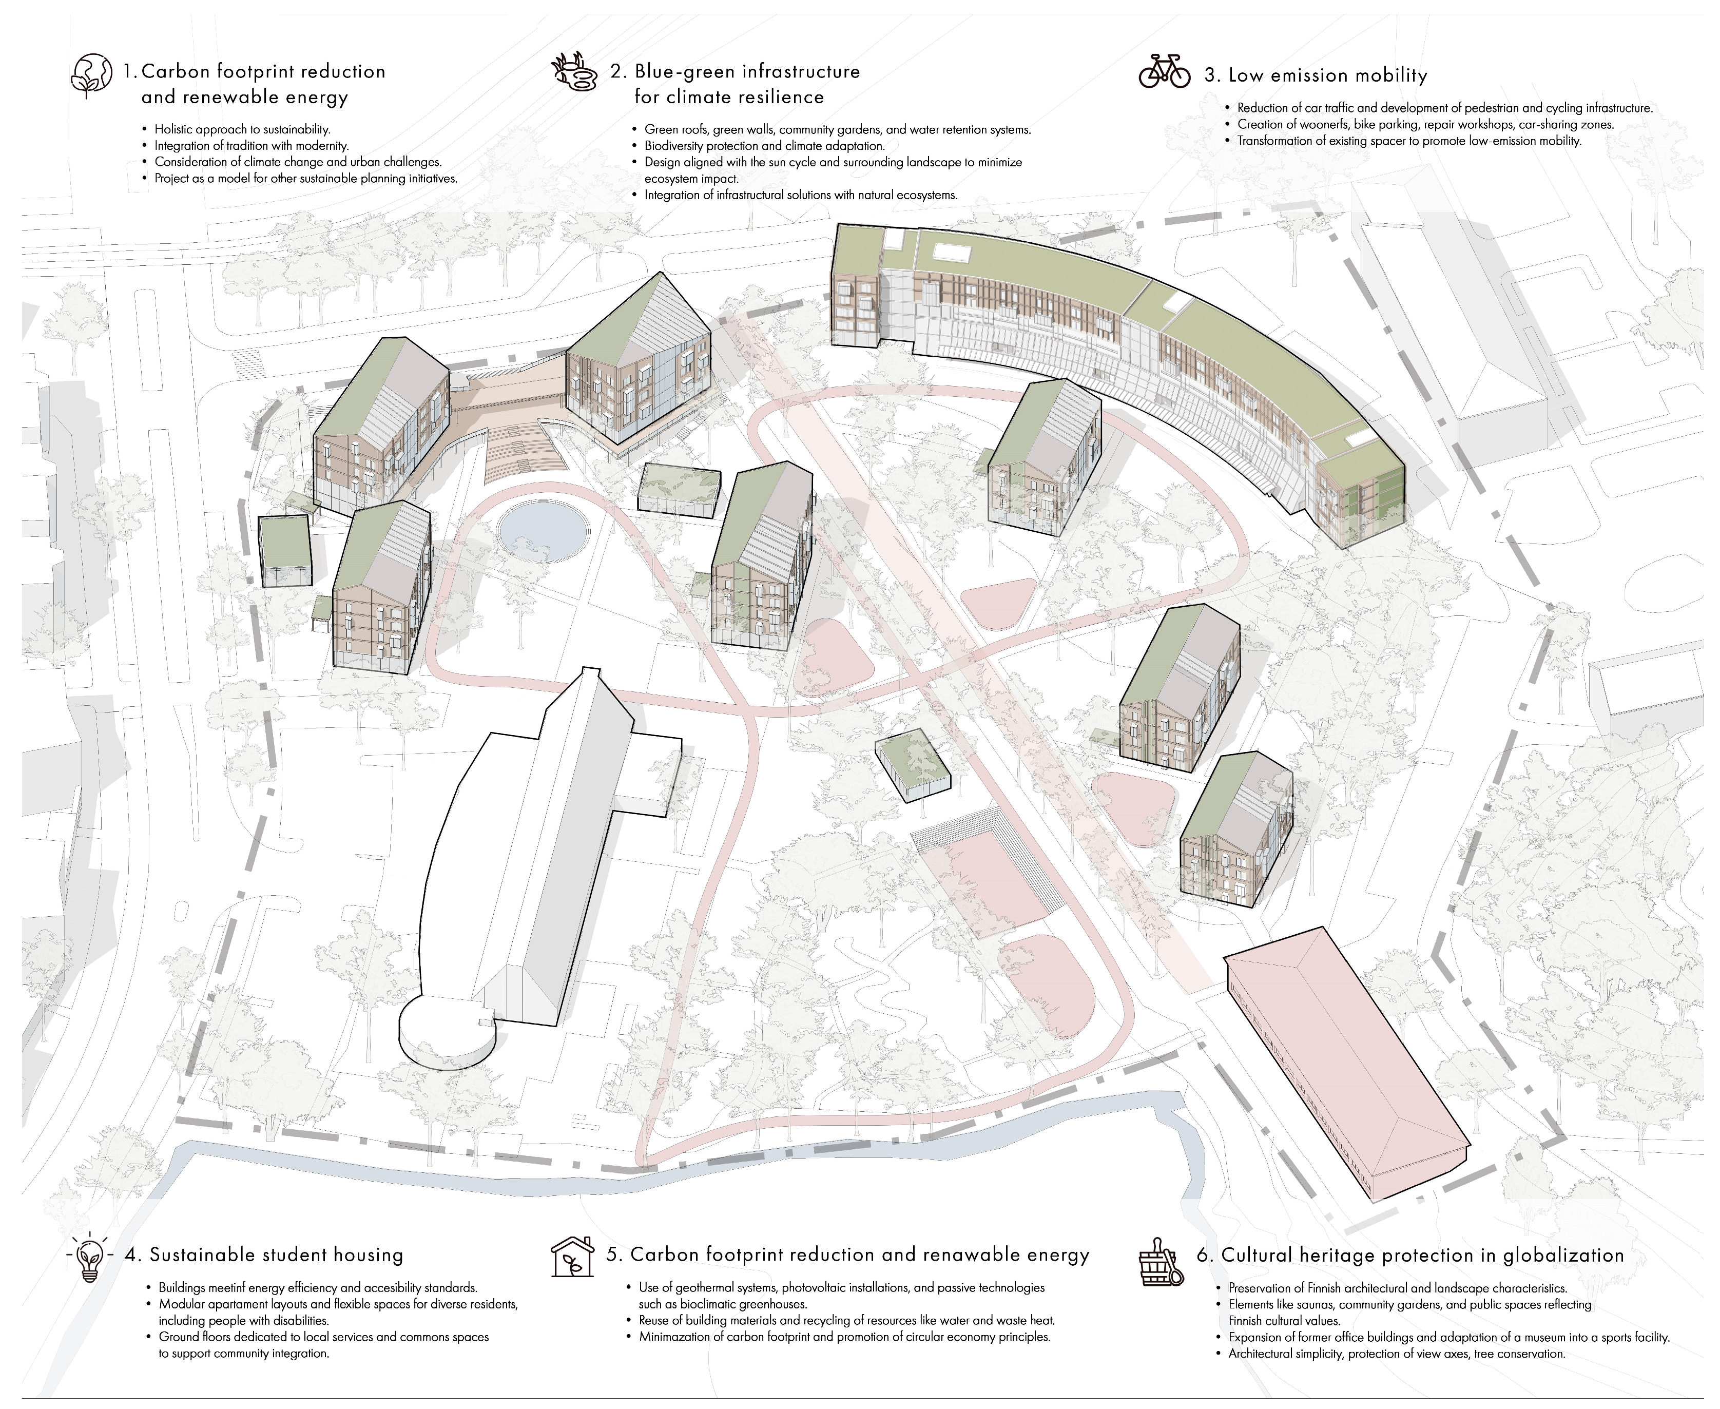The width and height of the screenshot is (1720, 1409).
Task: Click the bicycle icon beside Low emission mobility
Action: point(1164,71)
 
